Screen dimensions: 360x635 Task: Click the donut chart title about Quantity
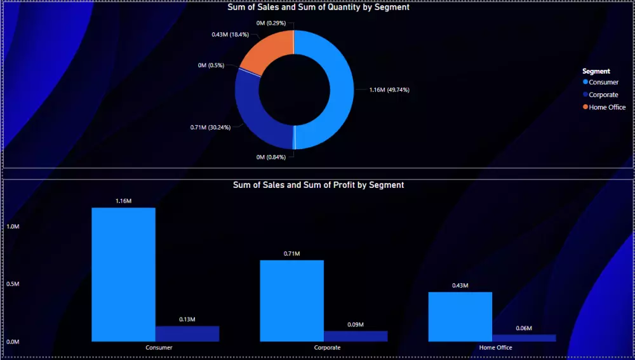(x=318, y=8)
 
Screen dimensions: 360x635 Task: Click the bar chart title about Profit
(x=318, y=185)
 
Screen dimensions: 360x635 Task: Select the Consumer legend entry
(x=603, y=82)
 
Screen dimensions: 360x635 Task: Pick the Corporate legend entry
(x=603, y=95)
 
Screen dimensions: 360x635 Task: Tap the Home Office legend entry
(x=607, y=107)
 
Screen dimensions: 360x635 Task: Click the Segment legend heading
(x=596, y=71)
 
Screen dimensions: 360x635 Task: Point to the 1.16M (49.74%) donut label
(x=389, y=90)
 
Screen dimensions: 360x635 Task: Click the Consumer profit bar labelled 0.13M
(x=187, y=333)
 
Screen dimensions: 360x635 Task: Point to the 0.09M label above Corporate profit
(x=356, y=324)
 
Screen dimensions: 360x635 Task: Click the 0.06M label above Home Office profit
(x=524, y=328)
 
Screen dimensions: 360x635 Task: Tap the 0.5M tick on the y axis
(x=13, y=284)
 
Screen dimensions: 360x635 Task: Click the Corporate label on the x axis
(x=327, y=348)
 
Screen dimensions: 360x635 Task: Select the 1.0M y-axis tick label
(x=13, y=227)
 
